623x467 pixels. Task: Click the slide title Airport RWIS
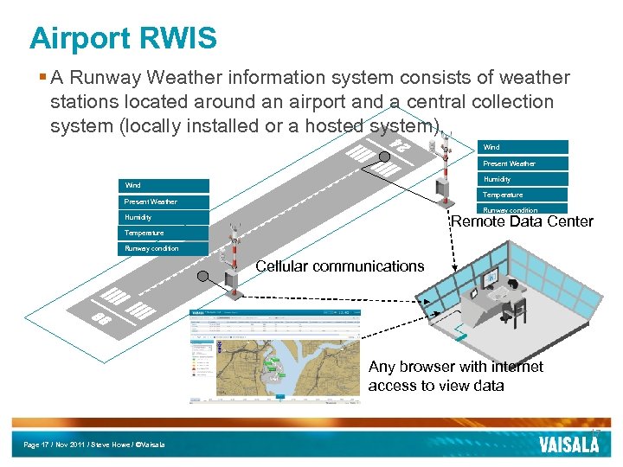(122, 38)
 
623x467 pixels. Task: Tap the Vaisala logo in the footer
(568, 445)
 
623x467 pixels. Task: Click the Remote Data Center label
(522, 221)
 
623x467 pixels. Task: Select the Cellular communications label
(339, 266)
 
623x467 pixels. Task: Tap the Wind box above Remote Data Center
(524, 147)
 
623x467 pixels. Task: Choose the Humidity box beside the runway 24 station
(524, 179)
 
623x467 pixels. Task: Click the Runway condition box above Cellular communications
(163, 249)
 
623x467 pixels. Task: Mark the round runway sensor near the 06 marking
(202, 277)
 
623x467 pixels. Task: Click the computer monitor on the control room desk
(491, 278)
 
